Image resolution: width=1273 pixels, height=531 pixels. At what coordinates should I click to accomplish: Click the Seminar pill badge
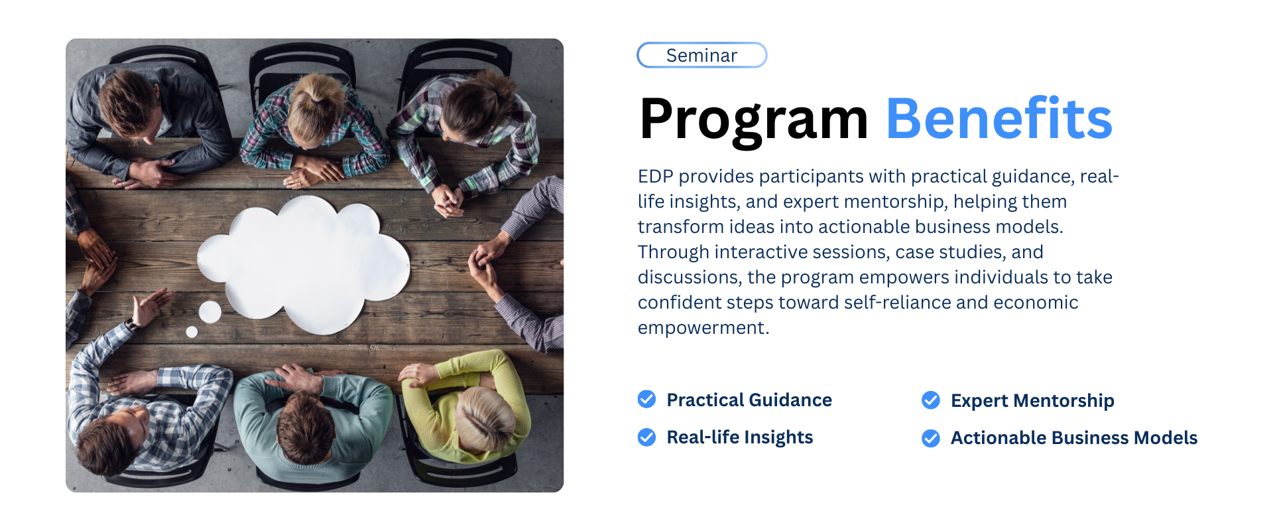coord(701,55)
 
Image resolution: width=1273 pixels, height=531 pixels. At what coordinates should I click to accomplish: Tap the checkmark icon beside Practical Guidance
coord(646,399)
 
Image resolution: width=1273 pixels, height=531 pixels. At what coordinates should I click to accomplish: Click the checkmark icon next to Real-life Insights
coord(646,437)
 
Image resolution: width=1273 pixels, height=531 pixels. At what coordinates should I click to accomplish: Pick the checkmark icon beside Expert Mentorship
coord(931,400)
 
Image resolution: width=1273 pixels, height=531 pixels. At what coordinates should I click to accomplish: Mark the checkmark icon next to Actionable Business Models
coord(931,438)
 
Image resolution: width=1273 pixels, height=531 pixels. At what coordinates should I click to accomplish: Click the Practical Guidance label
coord(749,400)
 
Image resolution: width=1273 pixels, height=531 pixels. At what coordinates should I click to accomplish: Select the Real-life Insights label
coord(740,437)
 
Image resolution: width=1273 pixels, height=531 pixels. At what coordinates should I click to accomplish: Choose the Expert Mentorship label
coord(1032,401)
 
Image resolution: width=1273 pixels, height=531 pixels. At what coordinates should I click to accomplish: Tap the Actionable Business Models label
coord(1074,438)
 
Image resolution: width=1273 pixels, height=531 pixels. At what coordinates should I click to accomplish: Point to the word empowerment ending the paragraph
coord(703,328)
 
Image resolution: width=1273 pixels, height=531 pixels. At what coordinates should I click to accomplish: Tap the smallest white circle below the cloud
coord(192,332)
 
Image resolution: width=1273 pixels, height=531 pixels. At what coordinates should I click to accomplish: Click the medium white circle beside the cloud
coord(210,311)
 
